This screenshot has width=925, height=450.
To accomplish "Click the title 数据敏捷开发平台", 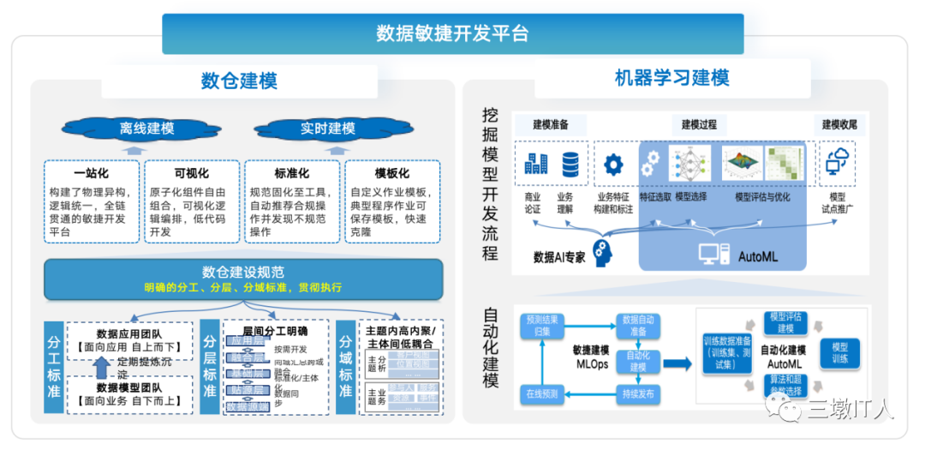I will [452, 33].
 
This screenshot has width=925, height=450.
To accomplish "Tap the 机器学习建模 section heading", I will [671, 78].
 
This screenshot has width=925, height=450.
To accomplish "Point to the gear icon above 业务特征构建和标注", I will [613, 164].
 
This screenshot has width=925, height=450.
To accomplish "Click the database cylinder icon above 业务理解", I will [570, 164].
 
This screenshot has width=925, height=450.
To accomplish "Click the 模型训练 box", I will [839, 352].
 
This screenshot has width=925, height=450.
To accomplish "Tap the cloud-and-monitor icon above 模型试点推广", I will [838, 161].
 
